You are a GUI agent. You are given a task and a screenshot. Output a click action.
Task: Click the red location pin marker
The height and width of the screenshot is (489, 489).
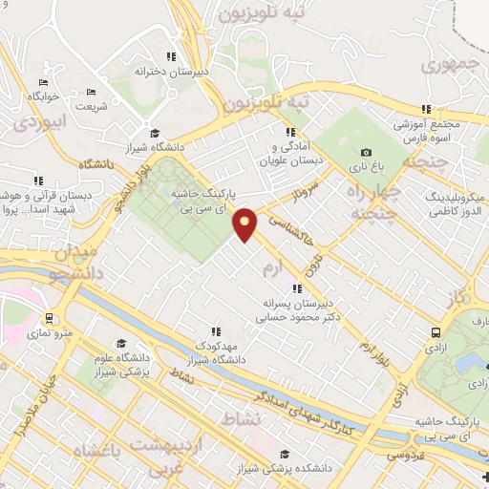[x=245, y=223]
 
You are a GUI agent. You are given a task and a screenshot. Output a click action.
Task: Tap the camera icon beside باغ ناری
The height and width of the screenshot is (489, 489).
[x=366, y=152]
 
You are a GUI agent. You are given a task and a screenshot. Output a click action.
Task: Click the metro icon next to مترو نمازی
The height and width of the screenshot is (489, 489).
[x=49, y=318]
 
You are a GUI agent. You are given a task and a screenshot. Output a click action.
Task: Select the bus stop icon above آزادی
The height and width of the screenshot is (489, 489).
[x=436, y=333]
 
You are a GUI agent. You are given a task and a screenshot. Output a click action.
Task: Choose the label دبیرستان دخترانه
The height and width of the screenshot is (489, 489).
[x=172, y=71]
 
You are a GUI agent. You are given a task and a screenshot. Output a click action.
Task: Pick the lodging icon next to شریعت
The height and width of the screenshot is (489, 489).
[x=91, y=92]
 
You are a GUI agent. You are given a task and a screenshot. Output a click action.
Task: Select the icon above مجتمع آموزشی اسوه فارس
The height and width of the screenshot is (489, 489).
[x=427, y=109]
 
